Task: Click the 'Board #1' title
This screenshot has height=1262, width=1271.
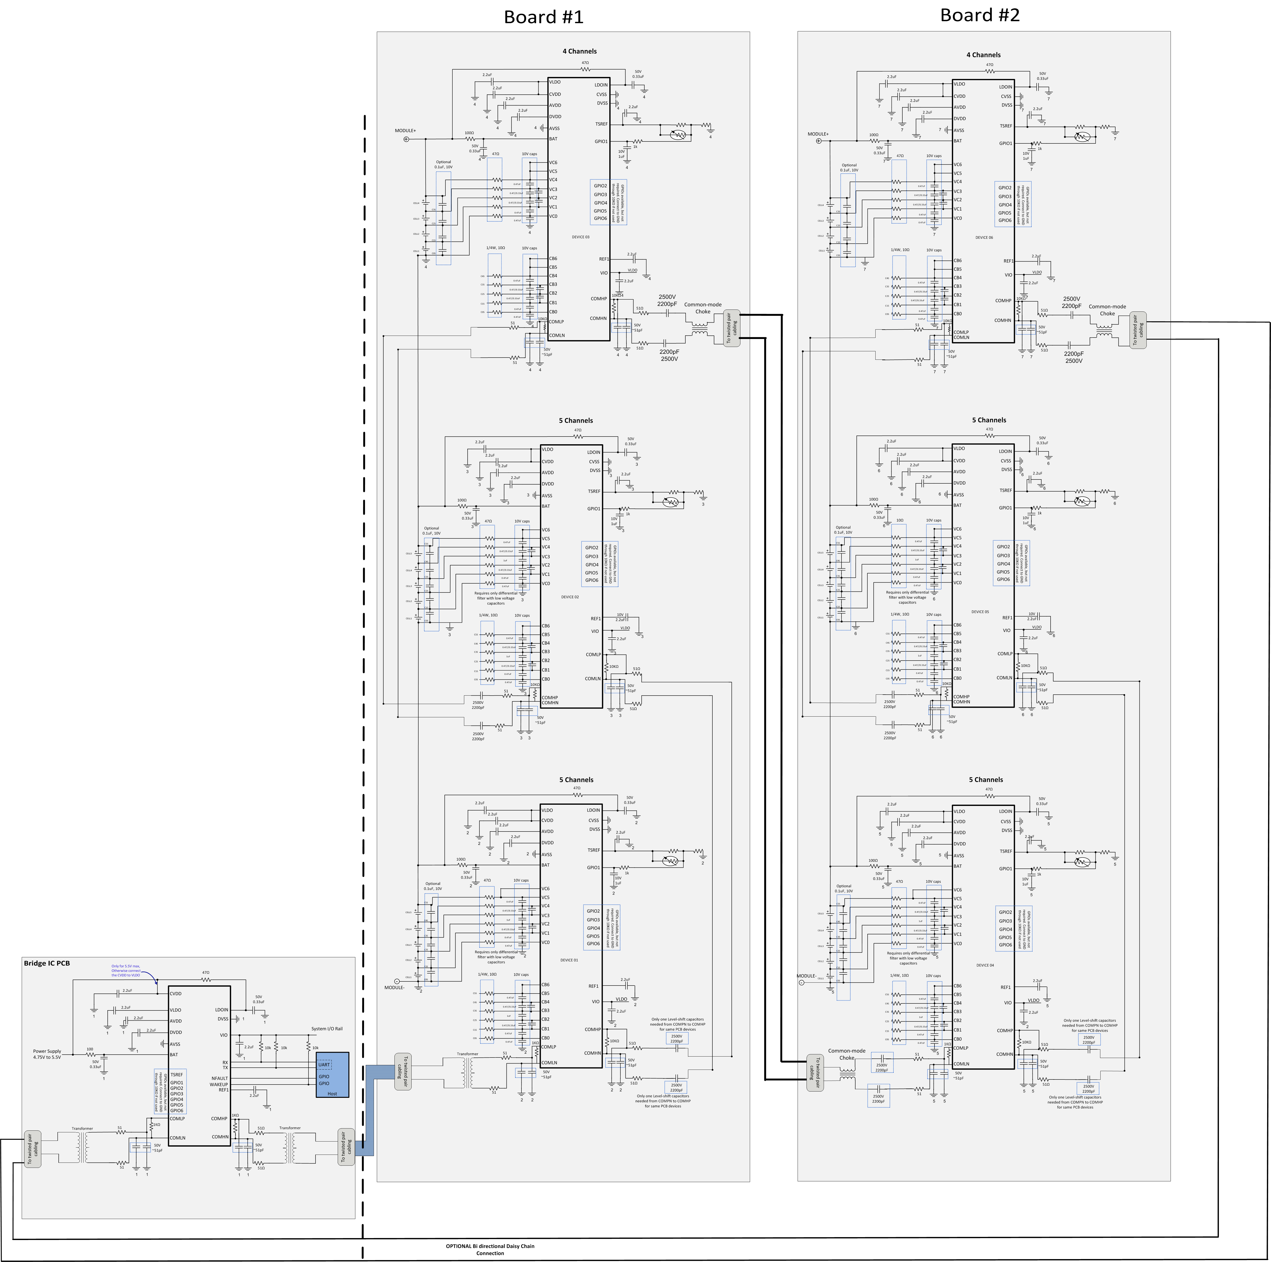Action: point(543,17)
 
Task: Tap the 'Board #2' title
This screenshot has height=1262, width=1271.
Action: point(980,15)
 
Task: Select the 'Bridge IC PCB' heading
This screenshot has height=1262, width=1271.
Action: point(47,963)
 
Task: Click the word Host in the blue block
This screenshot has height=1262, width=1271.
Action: point(332,1093)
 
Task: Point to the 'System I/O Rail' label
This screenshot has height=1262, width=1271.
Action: point(327,1029)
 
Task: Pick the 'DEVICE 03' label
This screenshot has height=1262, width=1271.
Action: point(580,237)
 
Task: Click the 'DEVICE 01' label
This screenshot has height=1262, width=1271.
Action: point(569,960)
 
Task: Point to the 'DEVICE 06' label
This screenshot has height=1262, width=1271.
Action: point(984,238)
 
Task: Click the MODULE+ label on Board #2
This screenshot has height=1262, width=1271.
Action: point(818,134)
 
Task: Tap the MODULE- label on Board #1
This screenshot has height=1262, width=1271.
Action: point(395,988)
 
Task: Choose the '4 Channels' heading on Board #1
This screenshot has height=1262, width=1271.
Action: point(580,51)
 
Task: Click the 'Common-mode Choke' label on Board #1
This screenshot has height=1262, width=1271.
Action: point(702,308)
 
